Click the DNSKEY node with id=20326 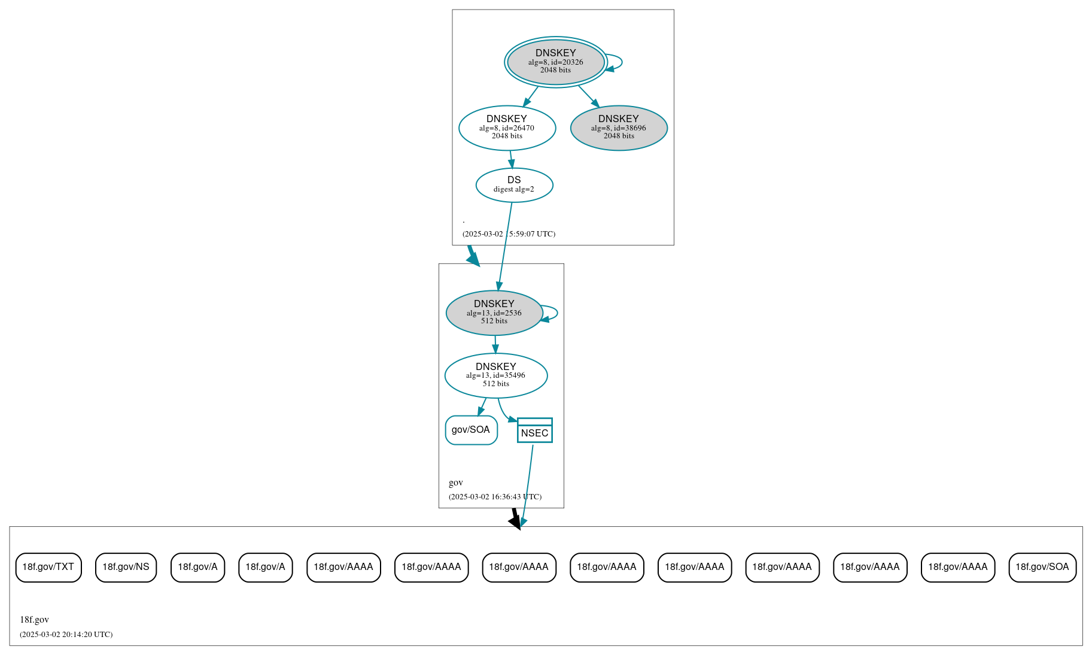pyautogui.click(x=555, y=62)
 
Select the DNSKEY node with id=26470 pyautogui.click(x=507, y=128)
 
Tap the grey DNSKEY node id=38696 pyautogui.click(x=619, y=128)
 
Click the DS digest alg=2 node pyautogui.click(x=514, y=185)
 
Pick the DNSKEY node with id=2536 pyautogui.click(x=494, y=313)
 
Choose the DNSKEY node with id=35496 pyautogui.click(x=495, y=375)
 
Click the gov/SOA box pyautogui.click(x=471, y=430)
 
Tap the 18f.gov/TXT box pyautogui.click(x=48, y=567)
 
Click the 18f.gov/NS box pyautogui.click(x=126, y=567)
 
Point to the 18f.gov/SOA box pyautogui.click(x=1042, y=567)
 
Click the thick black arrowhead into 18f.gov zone pyautogui.click(x=516, y=521)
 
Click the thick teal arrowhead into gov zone pyautogui.click(x=473, y=259)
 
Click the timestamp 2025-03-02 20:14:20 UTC pyautogui.click(x=66, y=634)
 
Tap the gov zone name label pyautogui.click(x=455, y=483)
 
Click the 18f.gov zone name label pyautogui.click(x=34, y=620)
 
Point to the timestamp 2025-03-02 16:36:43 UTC pyautogui.click(x=495, y=496)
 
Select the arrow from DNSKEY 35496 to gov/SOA pyautogui.click(x=482, y=408)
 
